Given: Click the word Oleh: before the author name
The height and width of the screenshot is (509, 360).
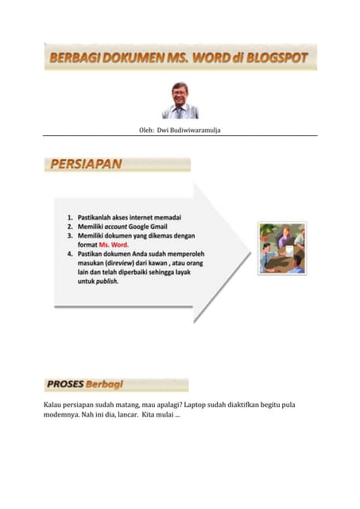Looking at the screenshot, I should (x=146, y=129).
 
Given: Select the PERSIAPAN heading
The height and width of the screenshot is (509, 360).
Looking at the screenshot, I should (x=86, y=165).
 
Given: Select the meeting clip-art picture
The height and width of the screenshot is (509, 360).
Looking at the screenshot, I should (x=282, y=248).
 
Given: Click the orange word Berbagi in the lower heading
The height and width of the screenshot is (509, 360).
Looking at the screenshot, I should (x=106, y=385).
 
